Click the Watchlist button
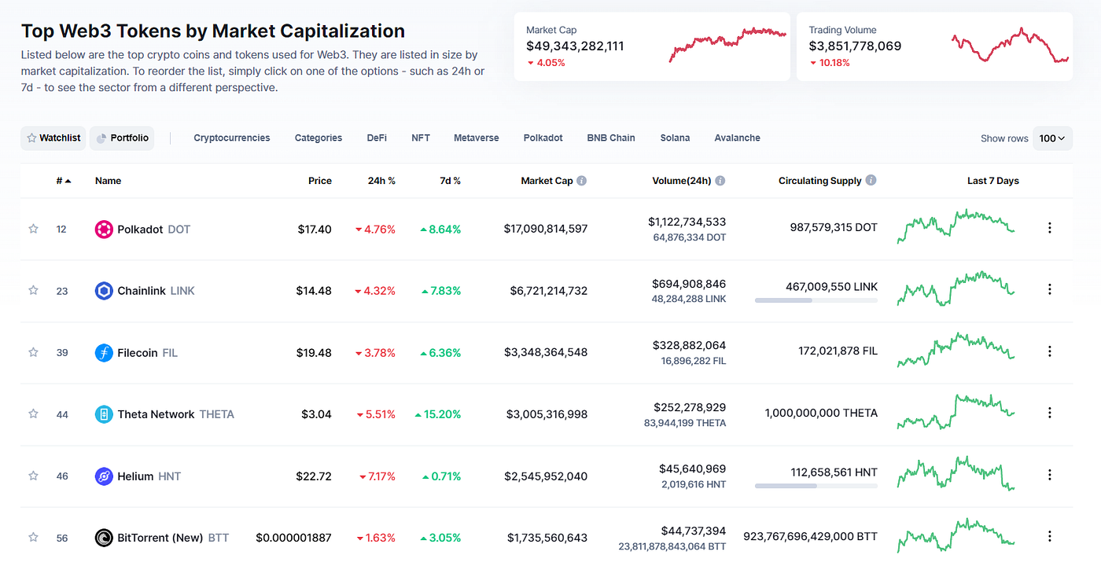tap(53, 138)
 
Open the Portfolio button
tap(122, 138)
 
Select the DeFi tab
tap(377, 138)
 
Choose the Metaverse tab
tap(476, 138)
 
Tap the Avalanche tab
tap(737, 138)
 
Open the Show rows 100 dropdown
tap(1052, 138)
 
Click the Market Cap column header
tap(547, 181)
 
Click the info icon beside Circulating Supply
tap(871, 180)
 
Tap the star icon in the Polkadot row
tap(33, 229)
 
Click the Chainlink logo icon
tap(104, 291)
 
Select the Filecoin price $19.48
tap(314, 353)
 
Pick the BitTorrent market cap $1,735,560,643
tap(547, 538)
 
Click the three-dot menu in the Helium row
tap(1049, 475)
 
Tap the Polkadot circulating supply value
tap(833, 227)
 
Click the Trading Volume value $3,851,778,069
tap(855, 46)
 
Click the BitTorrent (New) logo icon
tap(104, 538)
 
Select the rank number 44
tap(62, 415)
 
